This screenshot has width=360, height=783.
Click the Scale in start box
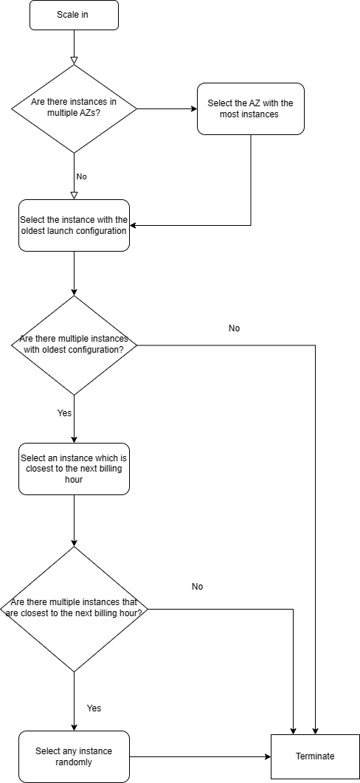(74, 15)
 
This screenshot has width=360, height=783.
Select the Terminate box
(315, 756)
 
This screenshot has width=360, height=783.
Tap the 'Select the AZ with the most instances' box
(251, 109)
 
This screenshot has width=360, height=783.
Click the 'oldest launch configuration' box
(74, 225)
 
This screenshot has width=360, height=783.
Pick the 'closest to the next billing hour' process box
(74, 469)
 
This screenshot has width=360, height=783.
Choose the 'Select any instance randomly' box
(74, 756)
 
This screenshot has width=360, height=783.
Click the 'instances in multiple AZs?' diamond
(74, 109)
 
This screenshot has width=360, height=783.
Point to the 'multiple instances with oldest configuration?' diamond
(74, 345)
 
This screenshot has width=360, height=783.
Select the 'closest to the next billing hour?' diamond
(74, 610)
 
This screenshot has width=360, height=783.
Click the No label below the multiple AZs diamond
(81, 176)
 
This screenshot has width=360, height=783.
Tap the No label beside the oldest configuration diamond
(234, 328)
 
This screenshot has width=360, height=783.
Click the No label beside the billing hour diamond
(197, 586)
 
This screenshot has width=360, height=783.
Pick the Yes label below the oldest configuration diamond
(64, 413)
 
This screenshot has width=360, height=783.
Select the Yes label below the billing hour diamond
(94, 708)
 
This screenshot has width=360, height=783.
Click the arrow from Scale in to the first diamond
(74, 47)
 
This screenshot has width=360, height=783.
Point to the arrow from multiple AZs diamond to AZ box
(167, 109)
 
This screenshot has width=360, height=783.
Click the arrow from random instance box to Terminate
(200, 756)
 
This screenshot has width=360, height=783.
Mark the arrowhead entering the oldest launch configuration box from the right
(133, 225)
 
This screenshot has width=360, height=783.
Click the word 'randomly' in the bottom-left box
(74, 762)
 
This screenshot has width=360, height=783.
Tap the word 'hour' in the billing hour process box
(74, 480)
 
